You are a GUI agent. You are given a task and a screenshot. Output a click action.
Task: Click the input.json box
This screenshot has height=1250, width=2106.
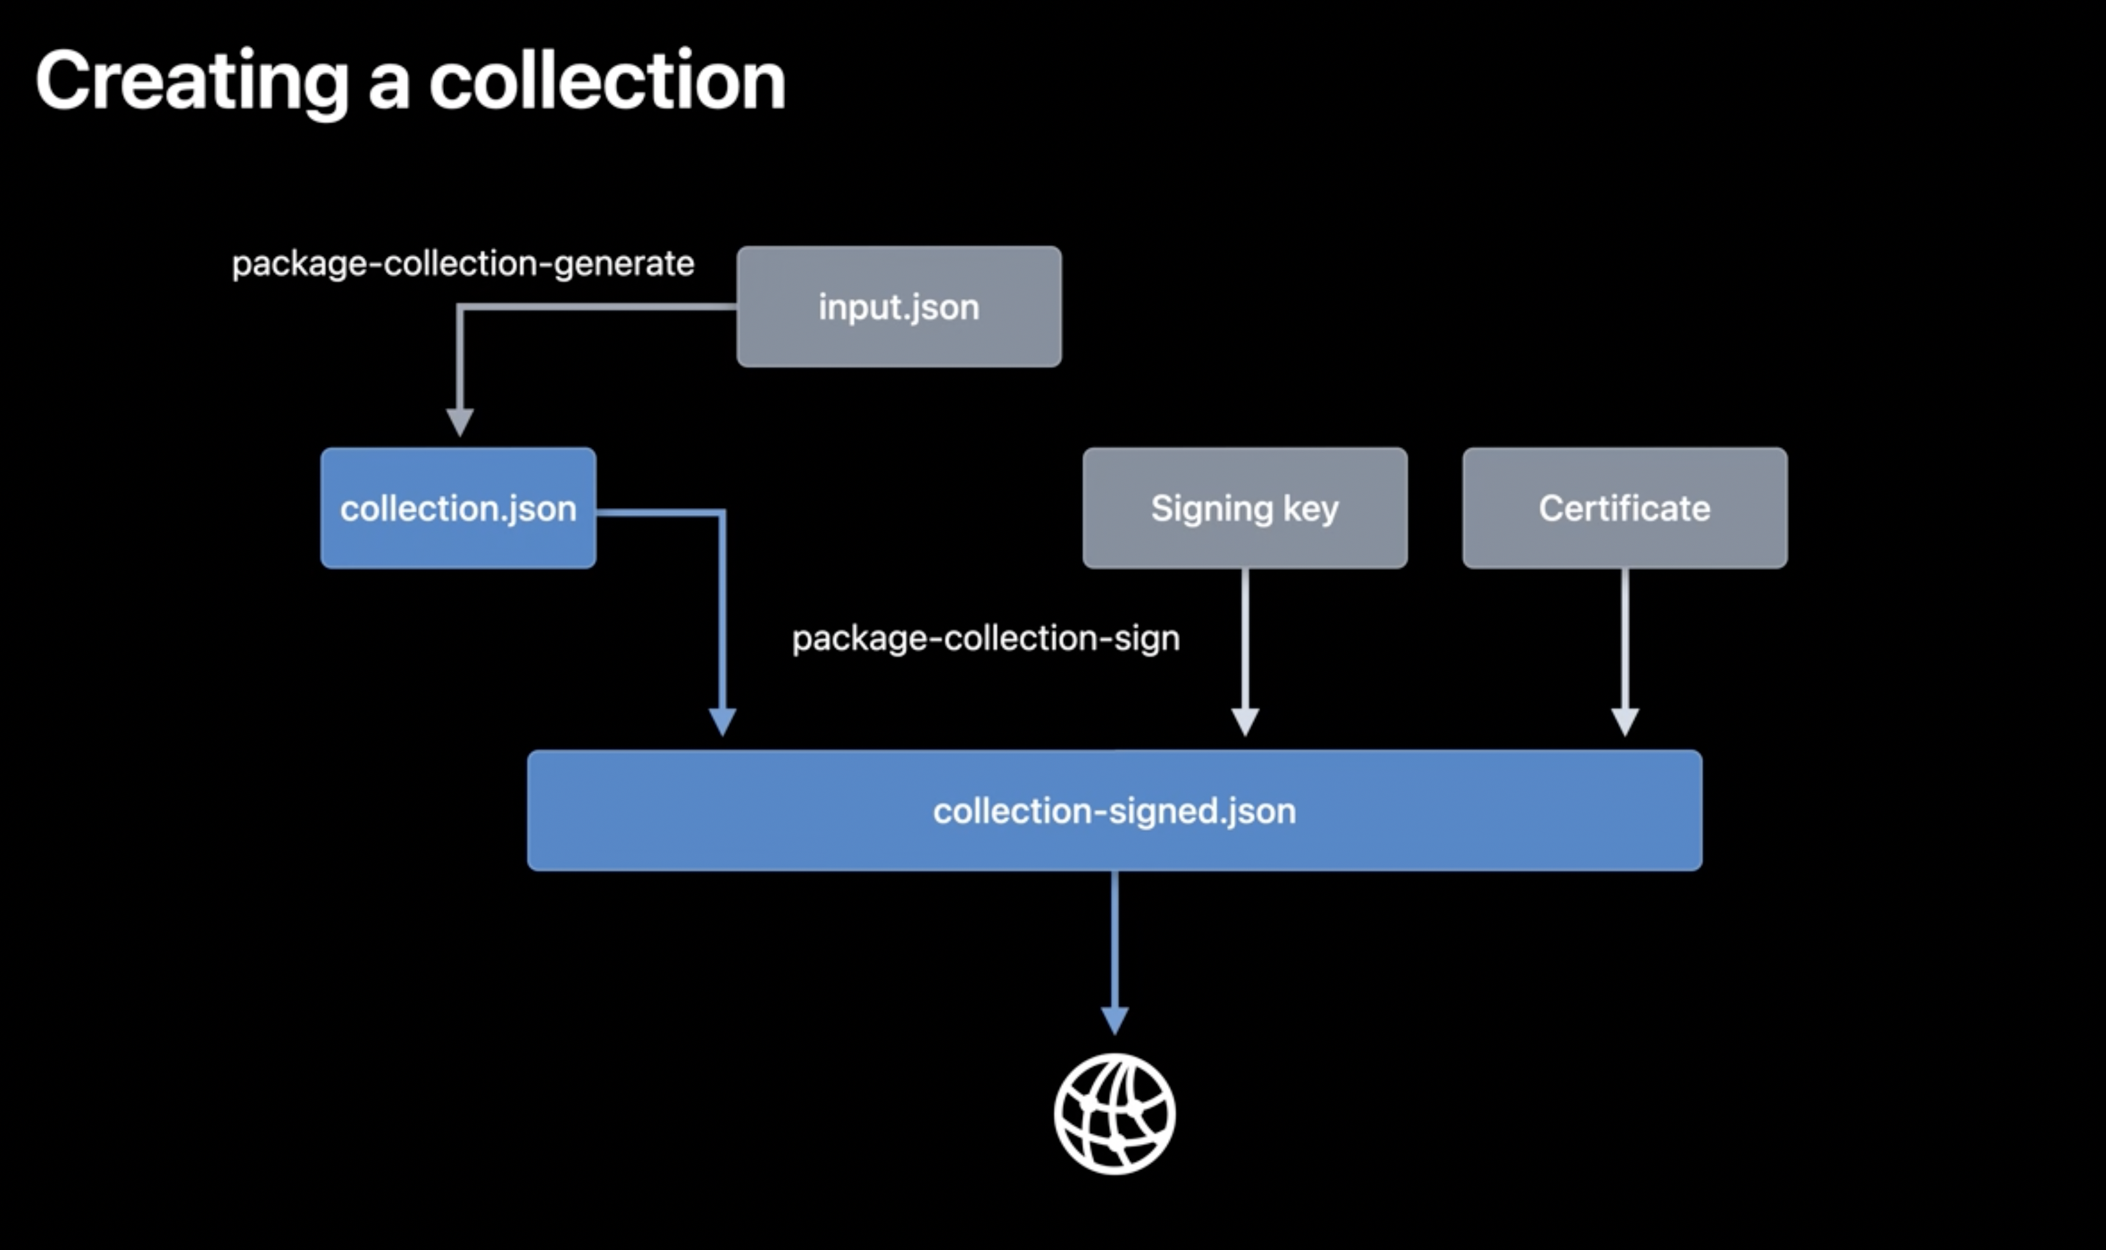899,307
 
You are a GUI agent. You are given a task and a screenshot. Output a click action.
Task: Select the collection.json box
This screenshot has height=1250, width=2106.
458,508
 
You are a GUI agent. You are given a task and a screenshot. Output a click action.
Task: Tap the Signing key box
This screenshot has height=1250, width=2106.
1245,508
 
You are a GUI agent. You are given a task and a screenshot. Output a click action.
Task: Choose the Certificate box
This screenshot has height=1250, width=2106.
1625,508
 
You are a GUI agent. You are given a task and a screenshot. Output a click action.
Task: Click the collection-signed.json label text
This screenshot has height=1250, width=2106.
1114,811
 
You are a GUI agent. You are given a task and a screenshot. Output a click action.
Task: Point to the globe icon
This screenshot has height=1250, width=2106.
1114,1113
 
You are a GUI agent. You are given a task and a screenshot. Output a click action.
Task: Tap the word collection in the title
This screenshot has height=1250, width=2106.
607,80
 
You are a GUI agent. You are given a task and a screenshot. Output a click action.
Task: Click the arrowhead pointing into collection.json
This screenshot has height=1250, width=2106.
460,422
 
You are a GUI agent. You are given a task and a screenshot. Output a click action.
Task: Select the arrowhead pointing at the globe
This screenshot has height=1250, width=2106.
1115,1021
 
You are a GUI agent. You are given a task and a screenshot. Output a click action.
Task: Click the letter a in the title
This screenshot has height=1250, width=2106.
389,87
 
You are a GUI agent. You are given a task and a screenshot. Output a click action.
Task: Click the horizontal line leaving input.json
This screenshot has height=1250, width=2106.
598,307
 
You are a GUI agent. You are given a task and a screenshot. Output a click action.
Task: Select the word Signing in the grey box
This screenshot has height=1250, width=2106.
1212,509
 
